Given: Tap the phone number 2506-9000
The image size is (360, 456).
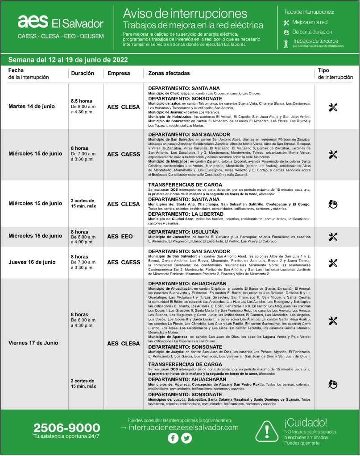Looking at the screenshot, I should point(66,427).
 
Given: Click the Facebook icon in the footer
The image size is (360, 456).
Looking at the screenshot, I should point(173,438).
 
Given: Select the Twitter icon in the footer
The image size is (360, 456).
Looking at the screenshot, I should point(186,438).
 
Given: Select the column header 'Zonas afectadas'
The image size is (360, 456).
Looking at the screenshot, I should point(169,73).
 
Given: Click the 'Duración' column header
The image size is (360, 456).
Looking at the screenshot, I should point(83,73).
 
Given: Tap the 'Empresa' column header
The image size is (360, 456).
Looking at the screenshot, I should point(119,73).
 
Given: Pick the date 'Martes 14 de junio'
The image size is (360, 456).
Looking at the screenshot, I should point(32,107).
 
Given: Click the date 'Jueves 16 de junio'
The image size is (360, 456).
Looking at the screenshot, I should point(32,262).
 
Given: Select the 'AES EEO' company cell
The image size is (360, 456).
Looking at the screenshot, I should point(120,236).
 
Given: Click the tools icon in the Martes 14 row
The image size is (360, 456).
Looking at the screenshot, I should point(332,107).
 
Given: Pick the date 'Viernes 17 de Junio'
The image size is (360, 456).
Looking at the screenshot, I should point(33,343).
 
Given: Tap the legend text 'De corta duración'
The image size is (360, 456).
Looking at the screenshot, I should point(312,32).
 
